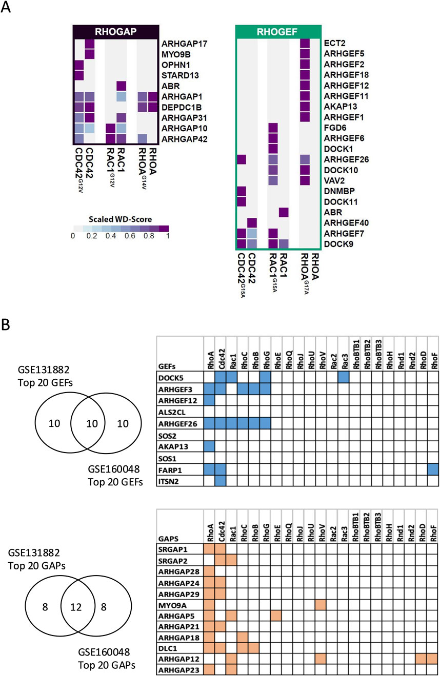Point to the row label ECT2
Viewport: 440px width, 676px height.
pos(333,44)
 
